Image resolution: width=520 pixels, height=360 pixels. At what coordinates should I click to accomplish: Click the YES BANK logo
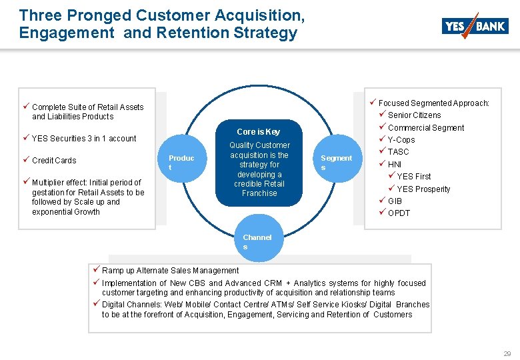(x=475, y=26)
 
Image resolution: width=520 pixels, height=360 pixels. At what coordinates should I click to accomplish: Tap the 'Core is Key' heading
(x=259, y=131)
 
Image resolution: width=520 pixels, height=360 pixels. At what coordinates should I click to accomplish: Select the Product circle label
(x=181, y=163)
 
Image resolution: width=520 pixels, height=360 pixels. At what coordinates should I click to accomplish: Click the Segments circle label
(x=336, y=163)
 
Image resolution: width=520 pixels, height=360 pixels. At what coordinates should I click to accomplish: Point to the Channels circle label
(x=257, y=242)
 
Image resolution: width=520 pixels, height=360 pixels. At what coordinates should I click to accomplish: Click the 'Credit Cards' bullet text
(x=54, y=161)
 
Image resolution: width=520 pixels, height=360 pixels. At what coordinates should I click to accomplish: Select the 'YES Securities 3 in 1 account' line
(x=84, y=139)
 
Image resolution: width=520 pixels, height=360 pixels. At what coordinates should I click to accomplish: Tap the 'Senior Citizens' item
(x=414, y=115)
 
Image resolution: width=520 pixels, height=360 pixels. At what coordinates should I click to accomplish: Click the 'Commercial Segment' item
(x=426, y=128)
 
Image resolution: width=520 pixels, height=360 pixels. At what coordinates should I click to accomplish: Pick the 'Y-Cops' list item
(x=401, y=140)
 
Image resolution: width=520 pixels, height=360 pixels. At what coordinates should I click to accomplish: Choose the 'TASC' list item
(x=399, y=152)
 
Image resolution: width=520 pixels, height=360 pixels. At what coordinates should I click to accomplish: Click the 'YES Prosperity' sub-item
(x=423, y=189)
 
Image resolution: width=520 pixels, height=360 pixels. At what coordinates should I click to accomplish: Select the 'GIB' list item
(x=395, y=201)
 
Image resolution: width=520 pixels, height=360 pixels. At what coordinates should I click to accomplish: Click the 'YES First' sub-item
(x=414, y=177)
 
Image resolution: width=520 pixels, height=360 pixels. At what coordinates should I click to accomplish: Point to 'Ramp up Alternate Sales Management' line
(x=170, y=271)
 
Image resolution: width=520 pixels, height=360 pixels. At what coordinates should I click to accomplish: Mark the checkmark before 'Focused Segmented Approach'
(x=373, y=103)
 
